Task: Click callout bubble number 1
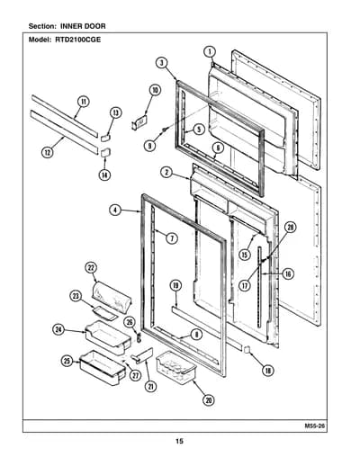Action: coord(210,51)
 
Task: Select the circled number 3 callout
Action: coord(161,63)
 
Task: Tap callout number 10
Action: coord(155,90)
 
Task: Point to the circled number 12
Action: coord(48,153)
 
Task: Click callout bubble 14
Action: coord(104,175)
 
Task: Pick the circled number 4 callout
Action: coord(115,211)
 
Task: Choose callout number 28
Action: coord(290,228)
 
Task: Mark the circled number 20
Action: coord(208,399)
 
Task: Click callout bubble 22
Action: coord(91,268)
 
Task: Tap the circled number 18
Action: coord(267,371)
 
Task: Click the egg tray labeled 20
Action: coord(175,368)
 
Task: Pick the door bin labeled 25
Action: coord(103,367)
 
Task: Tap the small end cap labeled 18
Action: coord(247,349)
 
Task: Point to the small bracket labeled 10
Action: coord(139,122)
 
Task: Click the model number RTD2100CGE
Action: coord(78,40)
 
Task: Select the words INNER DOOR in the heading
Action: coord(83,26)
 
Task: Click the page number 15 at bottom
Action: coord(179,441)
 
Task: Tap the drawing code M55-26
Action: coord(315,426)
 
